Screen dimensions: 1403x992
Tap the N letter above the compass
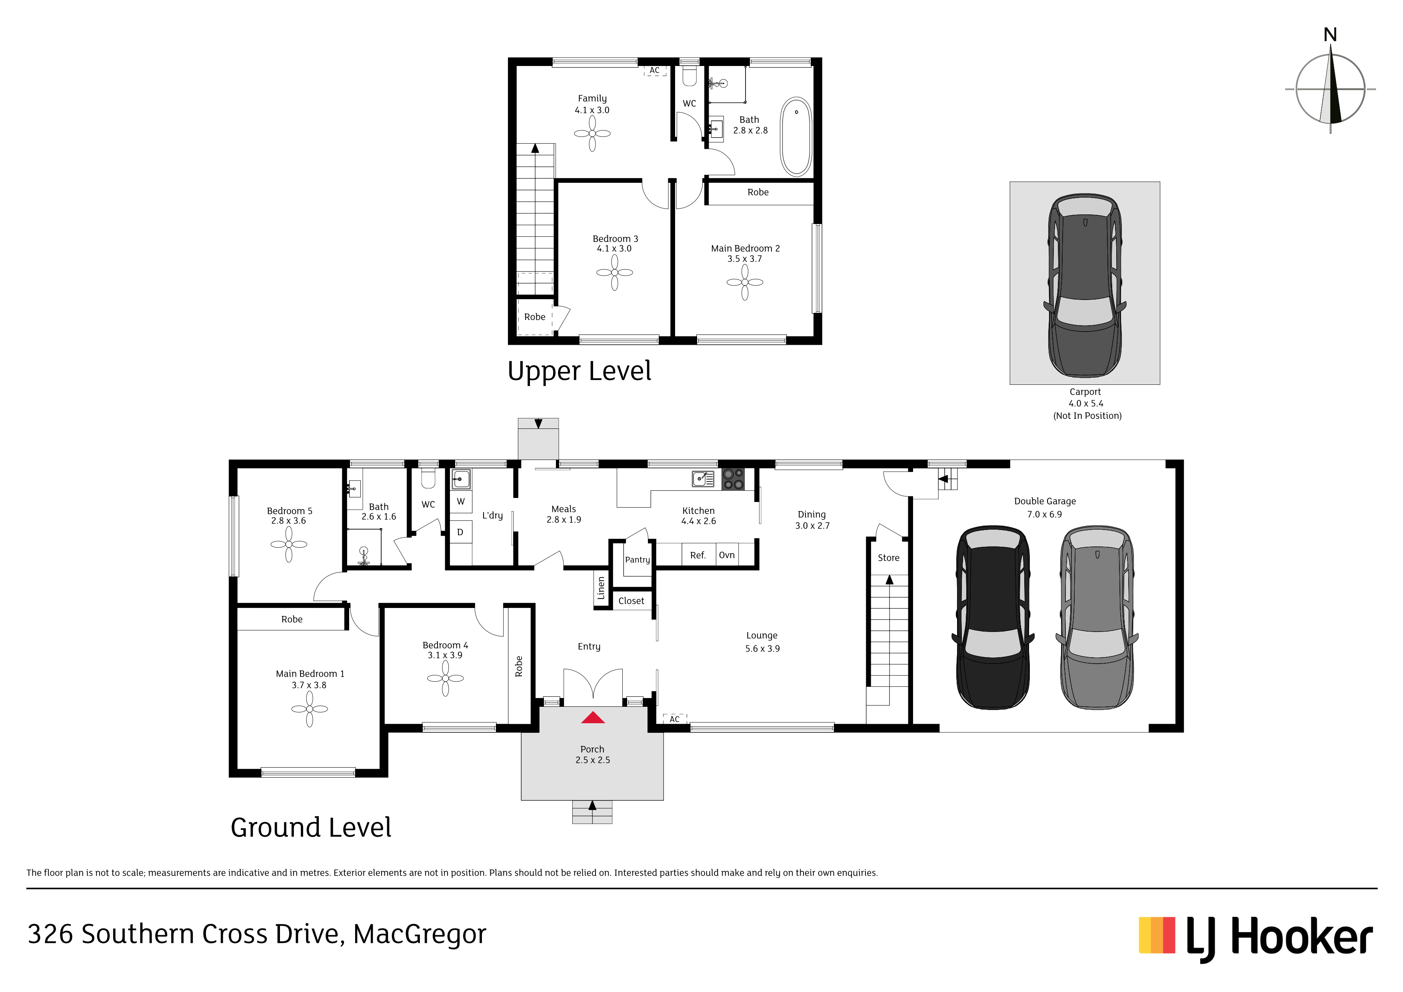click(1330, 35)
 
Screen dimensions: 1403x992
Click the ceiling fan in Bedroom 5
click(288, 544)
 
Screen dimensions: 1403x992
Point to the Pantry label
click(638, 560)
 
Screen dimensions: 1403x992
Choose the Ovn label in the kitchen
click(727, 555)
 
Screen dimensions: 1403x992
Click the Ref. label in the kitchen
click(698, 555)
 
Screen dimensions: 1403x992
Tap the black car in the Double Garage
click(993, 617)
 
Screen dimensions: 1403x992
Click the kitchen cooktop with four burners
click(733, 479)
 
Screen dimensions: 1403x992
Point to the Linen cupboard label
click(601, 588)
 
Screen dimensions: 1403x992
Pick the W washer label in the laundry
click(461, 501)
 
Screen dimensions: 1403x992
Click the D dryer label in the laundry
click(460, 532)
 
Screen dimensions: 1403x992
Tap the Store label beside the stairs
click(889, 558)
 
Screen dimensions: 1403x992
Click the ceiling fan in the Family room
click(592, 133)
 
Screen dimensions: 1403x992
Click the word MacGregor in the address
click(420, 934)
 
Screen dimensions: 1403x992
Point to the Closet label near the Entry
click(631, 601)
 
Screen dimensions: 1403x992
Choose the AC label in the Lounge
click(675, 719)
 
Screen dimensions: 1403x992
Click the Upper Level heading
click(579, 371)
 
